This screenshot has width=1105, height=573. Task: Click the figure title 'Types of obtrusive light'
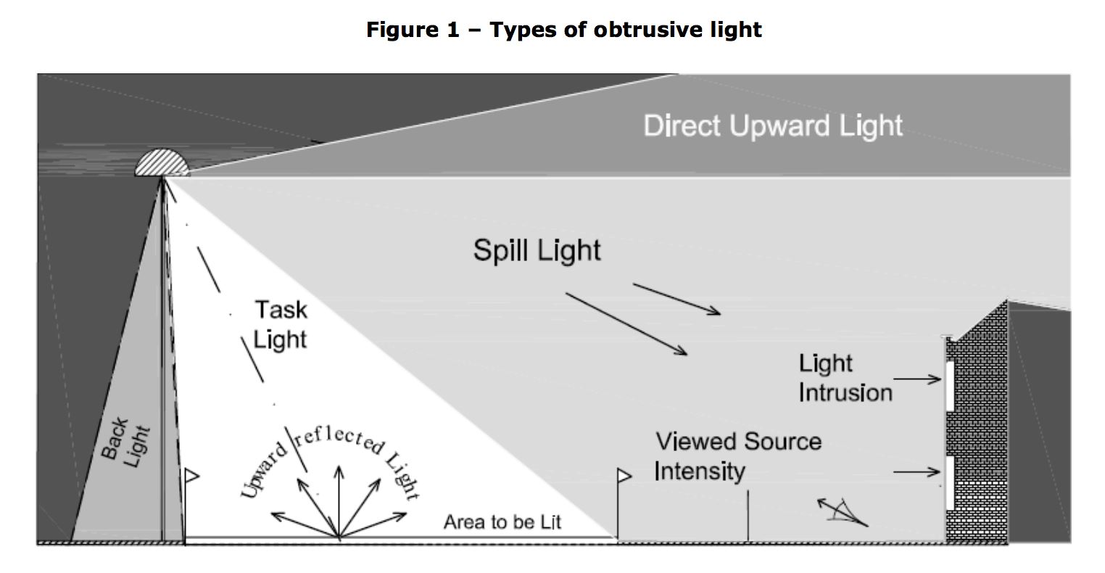tap(563, 30)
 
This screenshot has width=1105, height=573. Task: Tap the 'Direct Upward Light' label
tap(773, 125)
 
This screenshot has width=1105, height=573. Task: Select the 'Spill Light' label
tap(537, 250)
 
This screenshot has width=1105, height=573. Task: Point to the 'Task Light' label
tap(280, 324)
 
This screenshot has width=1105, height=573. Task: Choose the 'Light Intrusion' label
tap(845, 378)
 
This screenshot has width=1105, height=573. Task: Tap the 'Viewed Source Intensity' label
tap(737, 456)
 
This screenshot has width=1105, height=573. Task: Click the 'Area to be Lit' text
tap(502, 522)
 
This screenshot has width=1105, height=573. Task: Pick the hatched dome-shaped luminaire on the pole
tap(162, 163)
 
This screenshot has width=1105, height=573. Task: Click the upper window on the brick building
tap(948, 385)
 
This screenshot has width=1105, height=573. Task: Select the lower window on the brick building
tap(948, 482)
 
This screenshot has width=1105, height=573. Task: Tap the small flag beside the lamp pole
tap(191, 476)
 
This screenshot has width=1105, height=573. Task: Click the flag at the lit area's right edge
tap(624, 476)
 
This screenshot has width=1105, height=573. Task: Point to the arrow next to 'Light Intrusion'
tap(917, 379)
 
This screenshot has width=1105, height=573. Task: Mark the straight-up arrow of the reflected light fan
tap(337, 500)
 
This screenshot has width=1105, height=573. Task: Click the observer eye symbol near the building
tap(843, 511)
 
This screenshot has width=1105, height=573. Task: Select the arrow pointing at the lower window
tap(916, 473)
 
